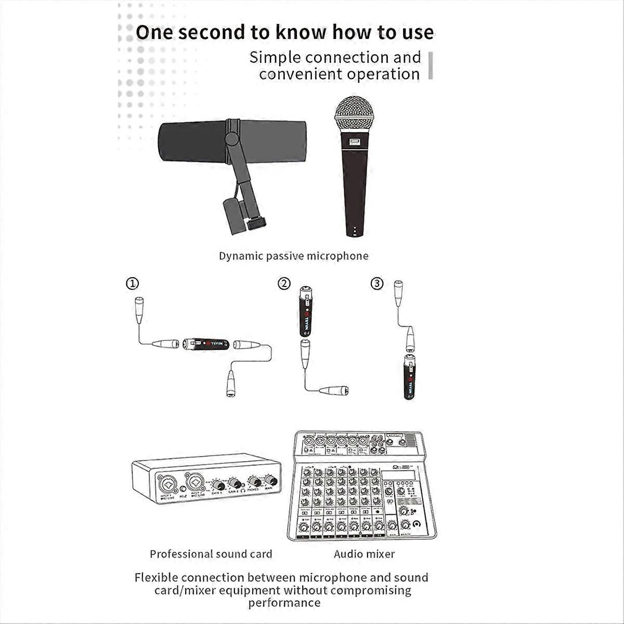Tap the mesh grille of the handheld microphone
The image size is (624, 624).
[355, 112]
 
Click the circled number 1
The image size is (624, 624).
[133, 283]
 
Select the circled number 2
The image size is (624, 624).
[283, 283]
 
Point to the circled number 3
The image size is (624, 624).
[377, 283]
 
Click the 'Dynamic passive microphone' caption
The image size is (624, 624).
[293, 256]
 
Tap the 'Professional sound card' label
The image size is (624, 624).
[211, 554]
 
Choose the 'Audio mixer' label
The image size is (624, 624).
[364, 554]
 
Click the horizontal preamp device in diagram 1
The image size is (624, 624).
[207, 344]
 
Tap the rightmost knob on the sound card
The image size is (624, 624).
[270, 480]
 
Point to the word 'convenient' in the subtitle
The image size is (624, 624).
[301, 74]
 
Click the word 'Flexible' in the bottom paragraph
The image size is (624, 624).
[155, 577]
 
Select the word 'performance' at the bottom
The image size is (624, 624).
[284, 603]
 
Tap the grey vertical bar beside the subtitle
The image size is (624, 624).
[431, 66]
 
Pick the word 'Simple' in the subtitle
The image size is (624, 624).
[275, 57]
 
